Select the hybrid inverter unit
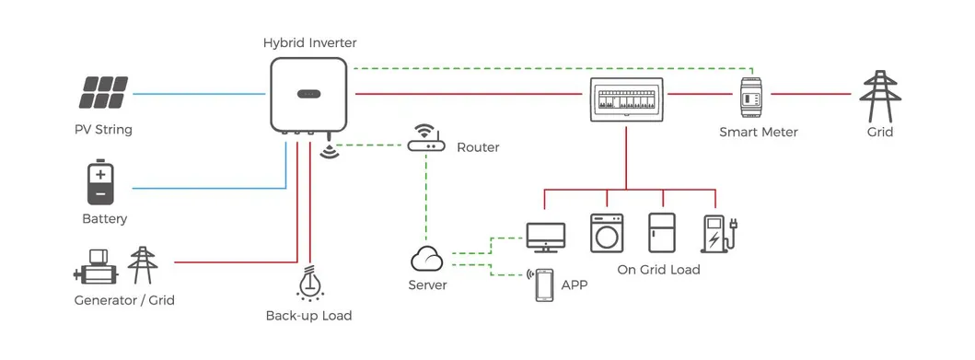(x=308, y=94)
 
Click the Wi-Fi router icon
(x=425, y=140)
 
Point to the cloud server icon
(x=427, y=257)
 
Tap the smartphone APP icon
(x=544, y=285)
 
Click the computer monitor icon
(x=543, y=237)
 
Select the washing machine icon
(x=606, y=233)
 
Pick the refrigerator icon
(x=662, y=233)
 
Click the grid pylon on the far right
(x=879, y=94)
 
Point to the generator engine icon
(x=97, y=268)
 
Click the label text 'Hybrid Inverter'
(x=309, y=42)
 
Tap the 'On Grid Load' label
(x=658, y=270)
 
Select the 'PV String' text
(x=103, y=130)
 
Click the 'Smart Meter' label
(x=758, y=132)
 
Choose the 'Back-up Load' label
(x=308, y=316)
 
